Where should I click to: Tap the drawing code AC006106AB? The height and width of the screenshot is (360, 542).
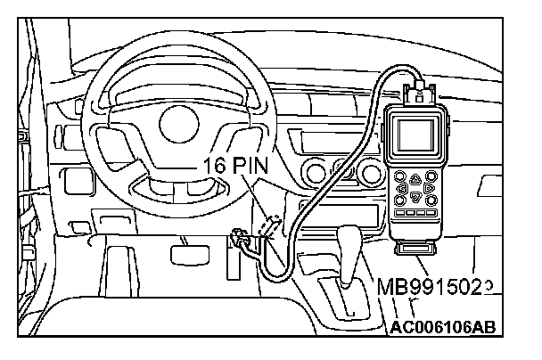point(442,326)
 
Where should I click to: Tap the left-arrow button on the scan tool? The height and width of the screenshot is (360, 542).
point(403,189)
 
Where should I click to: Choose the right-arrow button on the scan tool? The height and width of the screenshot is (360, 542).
point(429,189)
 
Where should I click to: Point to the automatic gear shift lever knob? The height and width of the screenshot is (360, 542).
point(349,240)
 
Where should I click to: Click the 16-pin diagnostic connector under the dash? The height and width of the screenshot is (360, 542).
point(268,227)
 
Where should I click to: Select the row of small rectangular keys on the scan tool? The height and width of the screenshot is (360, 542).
point(416,214)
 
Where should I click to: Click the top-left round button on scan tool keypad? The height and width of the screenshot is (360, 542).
point(402,176)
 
